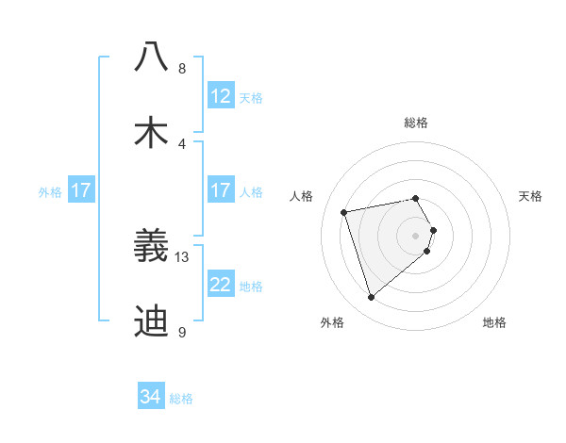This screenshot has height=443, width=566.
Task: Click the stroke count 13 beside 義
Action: coord(183,256)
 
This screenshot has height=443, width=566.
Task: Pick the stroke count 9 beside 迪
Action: coord(182,332)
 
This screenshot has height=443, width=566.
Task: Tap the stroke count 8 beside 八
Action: coord(182,68)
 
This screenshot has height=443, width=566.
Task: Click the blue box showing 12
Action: coord(220,96)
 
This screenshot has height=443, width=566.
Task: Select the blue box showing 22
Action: coord(220,285)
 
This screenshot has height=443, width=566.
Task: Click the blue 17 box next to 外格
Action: coord(81,190)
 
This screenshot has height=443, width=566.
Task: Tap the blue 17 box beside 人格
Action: coord(220,190)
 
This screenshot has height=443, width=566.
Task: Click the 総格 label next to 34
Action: coord(181,399)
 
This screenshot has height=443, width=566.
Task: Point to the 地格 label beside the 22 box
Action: coord(251,287)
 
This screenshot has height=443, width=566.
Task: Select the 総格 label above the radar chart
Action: coord(416,123)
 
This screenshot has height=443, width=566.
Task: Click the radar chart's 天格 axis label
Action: coord(530,196)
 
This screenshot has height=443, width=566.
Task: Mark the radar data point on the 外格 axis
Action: coord(371,298)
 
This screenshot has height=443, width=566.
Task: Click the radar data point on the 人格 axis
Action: coord(344,211)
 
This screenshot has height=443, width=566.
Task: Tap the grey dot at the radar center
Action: coord(416,235)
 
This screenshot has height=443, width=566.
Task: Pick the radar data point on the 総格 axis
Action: coord(416,198)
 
